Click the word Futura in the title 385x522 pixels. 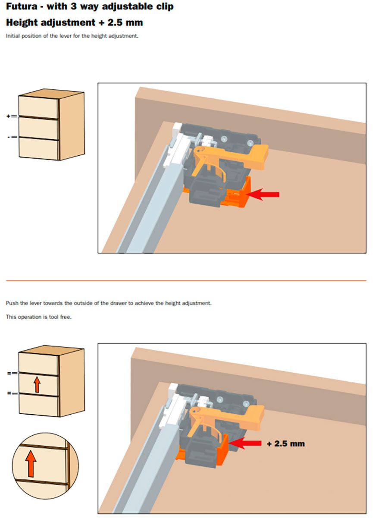pyautogui.click(x=22, y=6)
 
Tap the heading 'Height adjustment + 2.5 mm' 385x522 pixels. pyautogui.click(x=74, y=22)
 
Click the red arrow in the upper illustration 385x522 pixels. pyautogui.click(x=262, y=194)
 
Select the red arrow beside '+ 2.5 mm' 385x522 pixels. pyautogui.click(x=244, y=443)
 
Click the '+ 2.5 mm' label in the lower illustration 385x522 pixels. pyautogui.click(x=286, y=443)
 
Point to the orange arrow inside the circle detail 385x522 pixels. pyautogui.click(x=31, y=463)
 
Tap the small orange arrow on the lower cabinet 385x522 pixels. pyautogui.click(x=37, y=384)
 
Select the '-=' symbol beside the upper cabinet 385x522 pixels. pyautogui.click(x=12, y=137)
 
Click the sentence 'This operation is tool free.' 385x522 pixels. pyautogui.click(x=38, y=317)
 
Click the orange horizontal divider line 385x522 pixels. pyautogui.click(x=186, y=280)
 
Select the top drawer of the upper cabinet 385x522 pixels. pyautogui.click(x=38, y=107)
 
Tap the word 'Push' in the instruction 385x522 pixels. pyautogui.click(x=12, y=303)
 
